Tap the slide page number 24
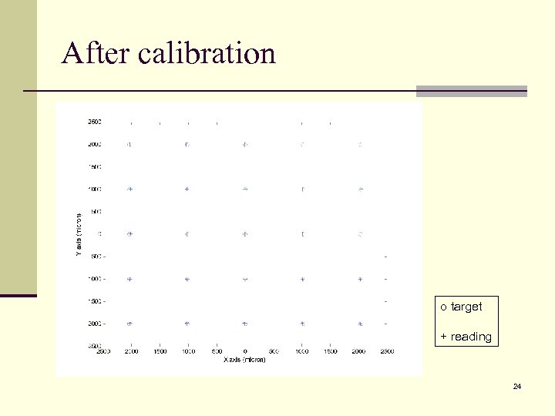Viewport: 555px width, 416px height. pos(517,385)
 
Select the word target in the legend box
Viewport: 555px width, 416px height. pos(466,307)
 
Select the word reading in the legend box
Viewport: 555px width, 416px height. pos(470,337)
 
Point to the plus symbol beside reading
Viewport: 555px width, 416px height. pos(443,337)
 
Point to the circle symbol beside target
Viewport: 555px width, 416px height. pos(443,307)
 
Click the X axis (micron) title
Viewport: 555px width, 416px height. pos(244,360)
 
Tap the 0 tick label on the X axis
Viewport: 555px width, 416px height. pos(244,351)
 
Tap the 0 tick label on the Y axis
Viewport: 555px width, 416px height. pos(99,233)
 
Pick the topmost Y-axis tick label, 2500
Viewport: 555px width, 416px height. pos(94,122)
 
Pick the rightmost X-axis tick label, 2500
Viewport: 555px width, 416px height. pos(387,351)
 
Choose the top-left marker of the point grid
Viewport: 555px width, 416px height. pos(129,144)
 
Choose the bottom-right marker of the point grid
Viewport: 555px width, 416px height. pos(360,324)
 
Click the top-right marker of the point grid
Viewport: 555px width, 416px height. pos(360,144)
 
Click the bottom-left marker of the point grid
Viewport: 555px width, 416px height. pos(129,324)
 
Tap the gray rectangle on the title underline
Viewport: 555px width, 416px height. pos(471,91)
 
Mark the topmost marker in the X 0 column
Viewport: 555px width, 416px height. pos(244,144)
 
